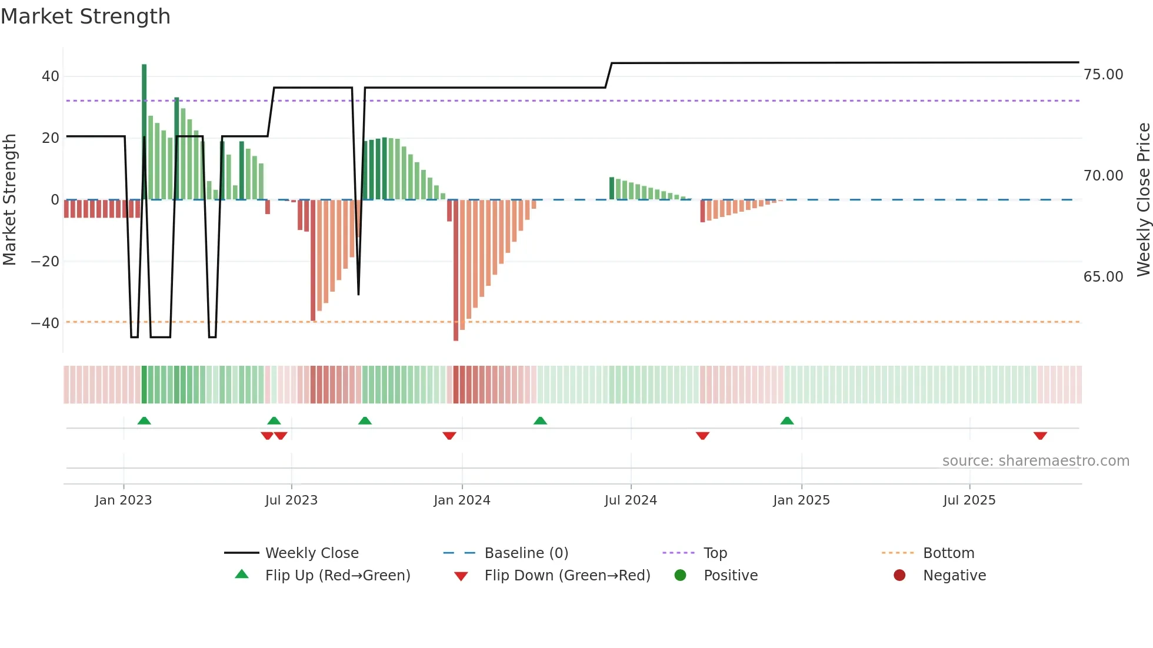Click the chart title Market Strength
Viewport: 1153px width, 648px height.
(x=85, y=16)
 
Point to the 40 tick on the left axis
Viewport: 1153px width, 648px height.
(x=51, y=76)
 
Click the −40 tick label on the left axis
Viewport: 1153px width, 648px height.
(x=45, y=323)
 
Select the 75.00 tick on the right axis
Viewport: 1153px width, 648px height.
(x=1103, y=75)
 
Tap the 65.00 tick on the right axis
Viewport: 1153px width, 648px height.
(x=1103, y=277)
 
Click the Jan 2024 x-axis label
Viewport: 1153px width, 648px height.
(x=462, y=500)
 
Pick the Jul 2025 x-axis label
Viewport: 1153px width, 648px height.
(x=969, y=500)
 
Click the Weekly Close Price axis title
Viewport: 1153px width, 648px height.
(x=1143, y=200)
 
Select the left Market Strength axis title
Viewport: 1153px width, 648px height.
(x=9, y=200)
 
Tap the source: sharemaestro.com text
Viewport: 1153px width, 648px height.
(x=1035, y=461)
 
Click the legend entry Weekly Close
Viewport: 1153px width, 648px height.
(x=312, y=553)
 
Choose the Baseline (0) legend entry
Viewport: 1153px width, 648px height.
(x=526, y=553)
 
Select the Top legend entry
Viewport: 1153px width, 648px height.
(x=715, y=553)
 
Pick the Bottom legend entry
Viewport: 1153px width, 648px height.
(x=948, y=553)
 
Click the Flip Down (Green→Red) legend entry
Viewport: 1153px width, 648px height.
(x=567, y=576)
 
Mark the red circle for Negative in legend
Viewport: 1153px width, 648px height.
(x=899, y=576)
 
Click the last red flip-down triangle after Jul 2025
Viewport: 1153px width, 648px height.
(x=1040, y=436)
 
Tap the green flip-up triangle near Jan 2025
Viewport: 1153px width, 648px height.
(x=787, y=420)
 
